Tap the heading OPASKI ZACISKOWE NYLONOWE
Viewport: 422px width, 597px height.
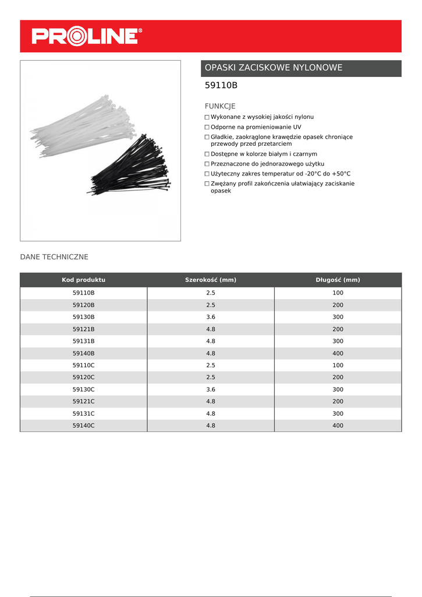pyautogui.click(x=274, y=68)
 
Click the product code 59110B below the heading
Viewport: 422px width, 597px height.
pyautogui.click(x=221, y=86)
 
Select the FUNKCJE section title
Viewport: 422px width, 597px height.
pyautogui.click(x=220, y=106)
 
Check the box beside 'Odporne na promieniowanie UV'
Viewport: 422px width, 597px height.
pyautogui.click(x=207, y=127)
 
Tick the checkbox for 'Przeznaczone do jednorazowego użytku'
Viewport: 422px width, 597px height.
pyautogui.click(x=207, y=164)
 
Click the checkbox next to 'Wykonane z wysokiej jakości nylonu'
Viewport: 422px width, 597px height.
pyautogui.click(x=207, y=117)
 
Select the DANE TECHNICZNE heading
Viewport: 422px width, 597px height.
pyautogui.click(x=54, y=257)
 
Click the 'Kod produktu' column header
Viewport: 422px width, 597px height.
pyautogui.click(x=83, y=280)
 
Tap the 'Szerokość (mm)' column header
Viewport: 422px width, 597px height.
pyautogui.click(x=210, y=280)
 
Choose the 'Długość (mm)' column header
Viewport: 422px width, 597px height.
pyautogui.click(x=338, y=280)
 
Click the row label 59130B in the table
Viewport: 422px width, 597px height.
pyautogui.click(x=83, y=317)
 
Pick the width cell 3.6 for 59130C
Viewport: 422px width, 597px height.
pyautogui.click(x=210, y=389)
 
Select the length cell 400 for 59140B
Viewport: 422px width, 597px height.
pyautogui.click(x=338, y=353)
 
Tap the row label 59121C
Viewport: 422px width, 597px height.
pyautogui.click(x=83, y=402)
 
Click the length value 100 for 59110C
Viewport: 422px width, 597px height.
pyautogui.click(x=338, y=366)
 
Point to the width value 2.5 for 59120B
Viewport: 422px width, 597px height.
pyautogui.click(x=210, y=305)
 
